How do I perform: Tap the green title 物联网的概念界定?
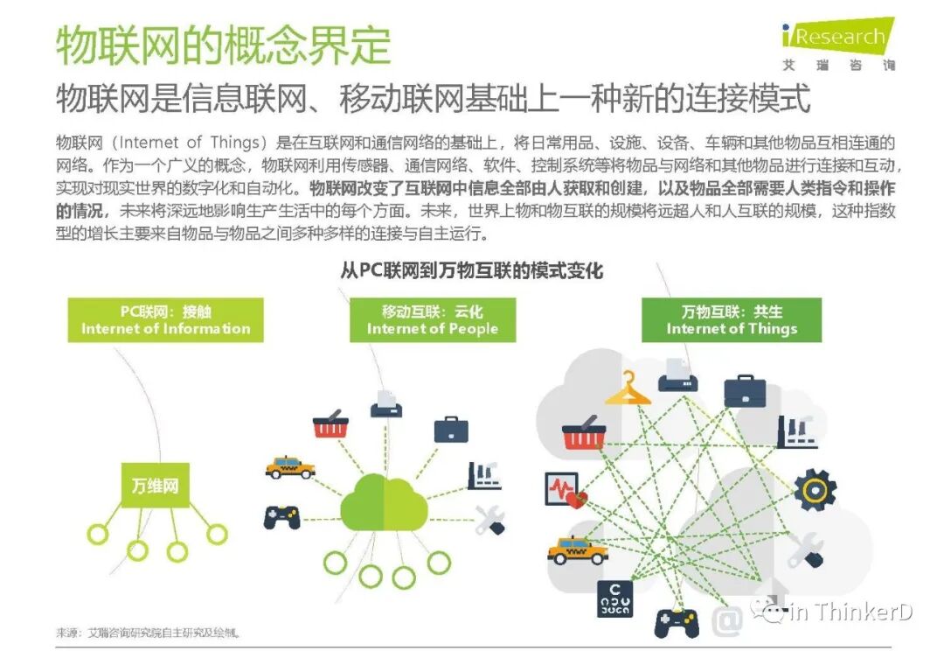pyautogui.click(x=223, y=44)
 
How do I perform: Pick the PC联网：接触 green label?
pyautogui.click(x=166, y=319)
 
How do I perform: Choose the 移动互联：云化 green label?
pyautogui.click(x=433, y=319)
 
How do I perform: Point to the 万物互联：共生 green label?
pyautogui.click(x=732, y=319)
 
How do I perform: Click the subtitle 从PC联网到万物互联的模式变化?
pyautogui.click(x=471, y=270)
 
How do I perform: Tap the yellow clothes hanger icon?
pyautogui.click(x=628, y=390)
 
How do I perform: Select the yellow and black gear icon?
pyautogui.click(x=815, y=490)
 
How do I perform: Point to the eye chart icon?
pyautogui.click(x=615, y=598)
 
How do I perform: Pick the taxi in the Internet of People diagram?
pyautogui.click(x=290, y=466)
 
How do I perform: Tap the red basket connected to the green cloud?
pyautogui.click(x=330, y=426)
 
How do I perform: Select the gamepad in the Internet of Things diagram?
pyautogui.click(x=677, y=621)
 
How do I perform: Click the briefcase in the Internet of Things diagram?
pyautogui.click(x=745, y=390)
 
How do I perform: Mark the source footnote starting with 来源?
pyautogui.click(x=149, y=632)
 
